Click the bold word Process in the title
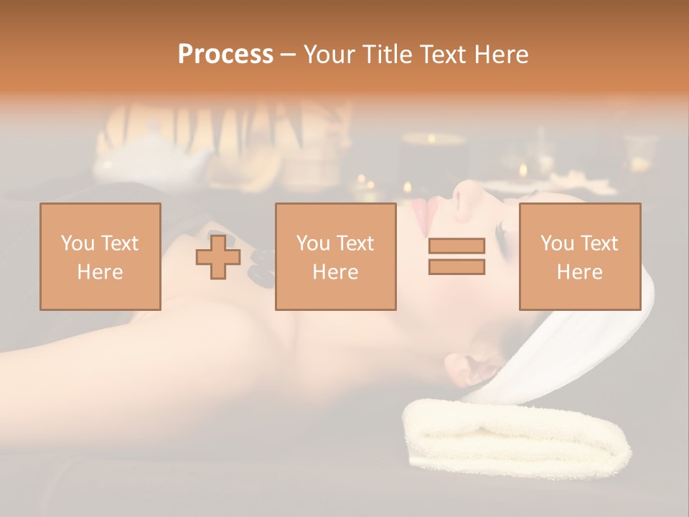pyautogui.click(x=225, y=55)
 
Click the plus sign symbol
pyautogui.click(x=218, y=257)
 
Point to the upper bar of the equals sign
pyautogui.click(x=456, y=246)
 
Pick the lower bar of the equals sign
pyautogui.click(x=456, y=267)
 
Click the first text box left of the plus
pyautogui.click(x=100, y=256)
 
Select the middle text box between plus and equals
pyautogui.click(x=335, y=256)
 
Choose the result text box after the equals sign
pyautogui.click(x=579, y=256)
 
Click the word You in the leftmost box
pyautogui.click(x=75, y=243)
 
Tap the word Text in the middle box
pyautogui.click(x=355, y=243)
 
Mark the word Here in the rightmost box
pyautogui.click(x=579, y=272)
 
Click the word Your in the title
pyautogui.click(x=331, y=55)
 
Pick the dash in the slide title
pyautogui.click(x=289, y=55)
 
